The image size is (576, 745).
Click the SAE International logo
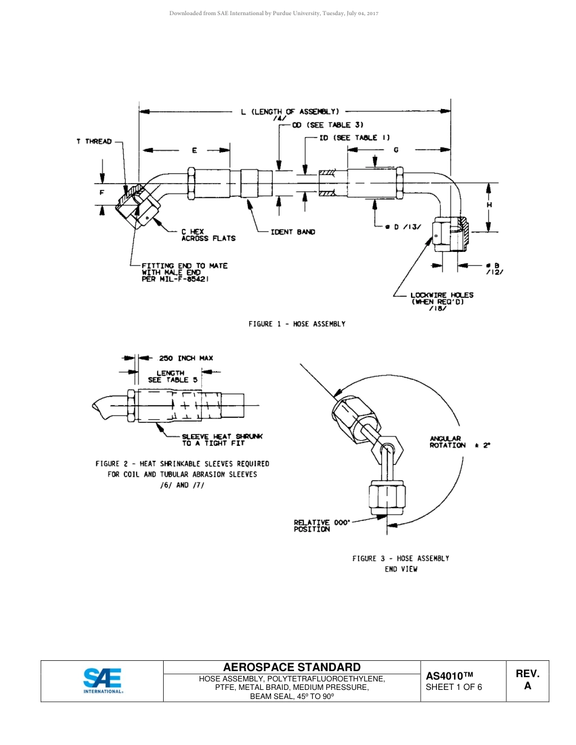pos(102,680)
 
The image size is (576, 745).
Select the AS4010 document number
pos(449,675)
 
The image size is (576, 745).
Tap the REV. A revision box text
pos(527,680)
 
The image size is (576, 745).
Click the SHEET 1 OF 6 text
pos(454,687)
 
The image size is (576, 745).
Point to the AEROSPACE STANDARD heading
pos(292,667)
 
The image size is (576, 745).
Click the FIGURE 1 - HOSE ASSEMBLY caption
pos(296,324)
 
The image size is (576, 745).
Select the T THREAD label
pos(94,141)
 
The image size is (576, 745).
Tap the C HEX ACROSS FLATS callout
pos(208,235)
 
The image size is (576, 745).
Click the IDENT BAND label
pos(293,232)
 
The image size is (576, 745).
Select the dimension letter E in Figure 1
pos(194,150)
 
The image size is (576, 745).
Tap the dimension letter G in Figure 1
pos(396,150)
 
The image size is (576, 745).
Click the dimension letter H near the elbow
pos(489,205)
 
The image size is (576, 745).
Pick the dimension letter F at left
pos(102,193)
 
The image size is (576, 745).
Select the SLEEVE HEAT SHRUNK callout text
pos(222,440)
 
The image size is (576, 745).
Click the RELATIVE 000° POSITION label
pos(321,525)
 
